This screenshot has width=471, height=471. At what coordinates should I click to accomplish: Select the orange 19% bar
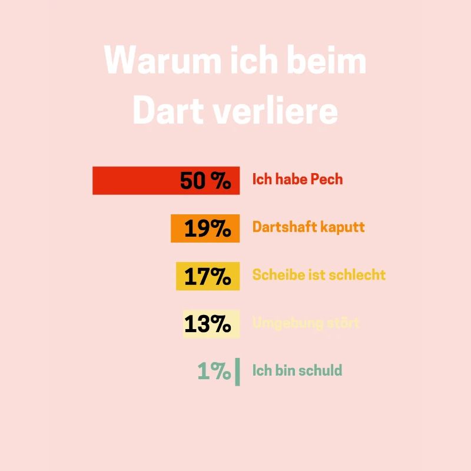pos(205,228)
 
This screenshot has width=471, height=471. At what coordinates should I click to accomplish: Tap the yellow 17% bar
pos(207,276)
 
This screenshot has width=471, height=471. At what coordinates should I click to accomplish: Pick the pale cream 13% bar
pos(211,324)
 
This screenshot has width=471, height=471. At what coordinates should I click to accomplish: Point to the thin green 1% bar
pos(237,372)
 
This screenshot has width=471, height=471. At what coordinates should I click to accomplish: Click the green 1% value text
pos(214,372)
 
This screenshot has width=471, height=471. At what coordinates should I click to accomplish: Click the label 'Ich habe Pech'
pos(297,179)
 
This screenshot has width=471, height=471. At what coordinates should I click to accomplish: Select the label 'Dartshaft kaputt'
pos(309,227)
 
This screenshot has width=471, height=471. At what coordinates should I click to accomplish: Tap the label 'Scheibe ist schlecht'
pos(319,275)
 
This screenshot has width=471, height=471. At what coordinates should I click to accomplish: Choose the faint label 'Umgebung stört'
pos(306,323)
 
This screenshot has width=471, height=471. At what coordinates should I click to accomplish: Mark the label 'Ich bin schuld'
pos(297,370)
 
